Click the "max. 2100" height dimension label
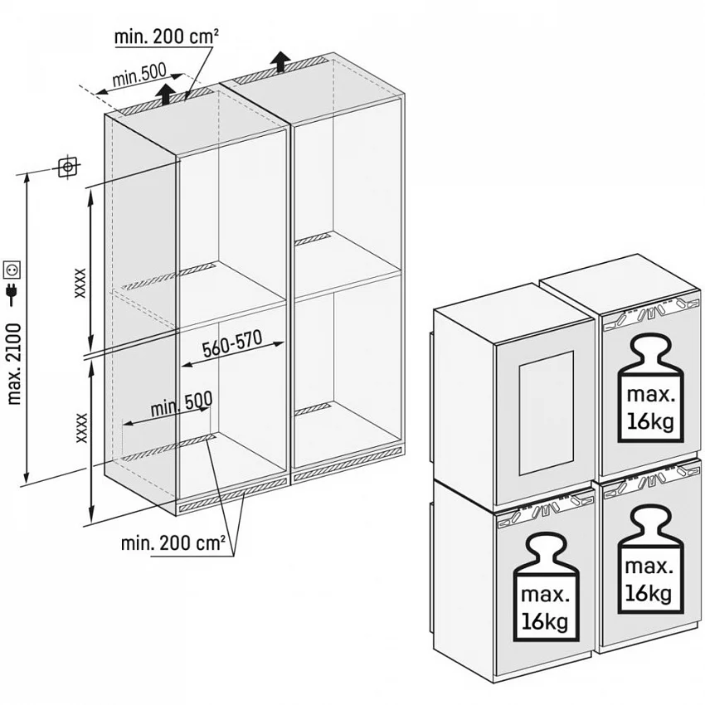coord(14,364)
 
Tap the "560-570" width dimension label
coord(232,344)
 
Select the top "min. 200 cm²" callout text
coord(167,36)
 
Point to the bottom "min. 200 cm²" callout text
coord(173,543)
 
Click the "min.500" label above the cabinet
coord(139,75)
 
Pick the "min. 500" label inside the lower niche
coord(182,404)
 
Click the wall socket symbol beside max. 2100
coord(12,270)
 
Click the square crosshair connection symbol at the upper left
coord(68,168)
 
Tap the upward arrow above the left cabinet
coord(167,93)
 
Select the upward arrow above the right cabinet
coord(281,61)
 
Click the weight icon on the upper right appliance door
coord(650,389)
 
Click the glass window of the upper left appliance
coord(547,413)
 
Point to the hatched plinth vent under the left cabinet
coord(233,494)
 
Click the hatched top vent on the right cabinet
coord(281,70)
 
